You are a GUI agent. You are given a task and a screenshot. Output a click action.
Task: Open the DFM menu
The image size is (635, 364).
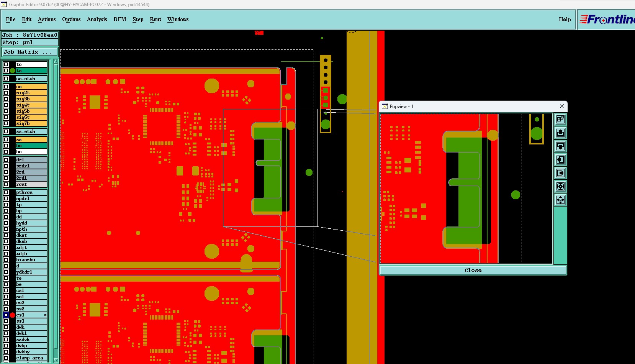[x=119, y=19]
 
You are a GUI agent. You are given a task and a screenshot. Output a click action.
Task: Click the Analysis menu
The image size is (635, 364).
[x=97, y=19]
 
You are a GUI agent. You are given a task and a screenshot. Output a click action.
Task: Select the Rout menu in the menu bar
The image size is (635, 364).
[x=155, y=19]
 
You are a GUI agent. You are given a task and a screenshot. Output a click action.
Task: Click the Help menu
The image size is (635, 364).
[x=565, y=19]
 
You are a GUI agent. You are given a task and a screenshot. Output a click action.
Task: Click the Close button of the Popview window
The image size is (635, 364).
[x=473, y=271]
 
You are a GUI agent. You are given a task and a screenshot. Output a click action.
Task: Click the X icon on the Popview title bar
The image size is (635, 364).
[x=562, y=106]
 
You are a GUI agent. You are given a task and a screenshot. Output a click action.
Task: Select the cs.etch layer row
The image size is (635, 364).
[x=31, y=79]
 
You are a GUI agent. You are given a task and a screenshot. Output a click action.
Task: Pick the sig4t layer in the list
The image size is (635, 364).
[x=31, y=105]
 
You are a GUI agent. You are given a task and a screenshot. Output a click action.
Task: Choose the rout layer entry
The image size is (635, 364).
[x=31, y=184]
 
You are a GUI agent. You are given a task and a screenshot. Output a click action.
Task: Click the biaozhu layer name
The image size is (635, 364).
[x=26, y=260]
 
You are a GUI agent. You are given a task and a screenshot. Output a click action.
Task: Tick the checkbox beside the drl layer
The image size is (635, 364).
[x=6, y=160]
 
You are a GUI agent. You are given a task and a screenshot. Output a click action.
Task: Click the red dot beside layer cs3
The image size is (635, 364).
[x=12, y=315]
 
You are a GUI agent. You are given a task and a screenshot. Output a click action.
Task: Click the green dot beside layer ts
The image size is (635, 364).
[x=12, y=71]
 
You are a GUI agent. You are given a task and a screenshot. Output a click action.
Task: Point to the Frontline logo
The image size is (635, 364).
[x=607, y=20]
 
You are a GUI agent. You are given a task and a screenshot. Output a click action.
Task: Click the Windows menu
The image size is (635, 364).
[x=178, y=19]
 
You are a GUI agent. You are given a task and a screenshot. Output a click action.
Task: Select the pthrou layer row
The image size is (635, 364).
[x=31, y=192]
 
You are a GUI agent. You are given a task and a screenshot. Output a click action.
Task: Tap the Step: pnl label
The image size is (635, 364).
[x=18, y=43]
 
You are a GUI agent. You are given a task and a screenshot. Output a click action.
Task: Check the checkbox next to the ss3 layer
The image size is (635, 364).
[x=6, y=321]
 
